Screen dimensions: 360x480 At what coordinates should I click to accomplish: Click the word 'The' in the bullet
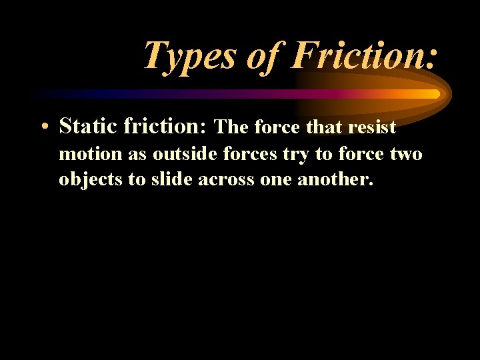(231, 127)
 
